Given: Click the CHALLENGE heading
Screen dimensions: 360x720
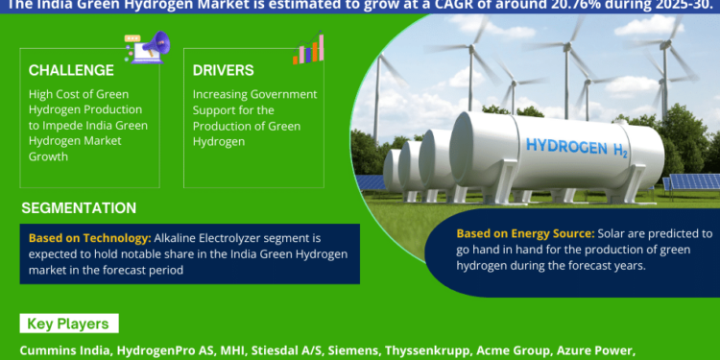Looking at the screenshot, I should (x=71, y=70).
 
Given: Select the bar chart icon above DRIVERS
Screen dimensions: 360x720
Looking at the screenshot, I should (x=308, y=48).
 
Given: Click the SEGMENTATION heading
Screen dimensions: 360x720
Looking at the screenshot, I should (x=79, y=208).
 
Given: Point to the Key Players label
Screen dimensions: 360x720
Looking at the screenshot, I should (x=67, y=324).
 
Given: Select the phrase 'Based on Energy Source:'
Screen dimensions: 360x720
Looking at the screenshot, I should (x=524, y=233).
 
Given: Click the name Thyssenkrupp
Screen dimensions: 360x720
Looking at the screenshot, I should (x=419, y=351).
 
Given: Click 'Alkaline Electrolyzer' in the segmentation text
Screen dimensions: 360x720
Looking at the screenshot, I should (x=202, y=236).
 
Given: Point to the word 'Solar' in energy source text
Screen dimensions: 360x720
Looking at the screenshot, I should (x=615, y=233).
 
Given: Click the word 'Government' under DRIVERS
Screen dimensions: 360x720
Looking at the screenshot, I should (x=279, y=94).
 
